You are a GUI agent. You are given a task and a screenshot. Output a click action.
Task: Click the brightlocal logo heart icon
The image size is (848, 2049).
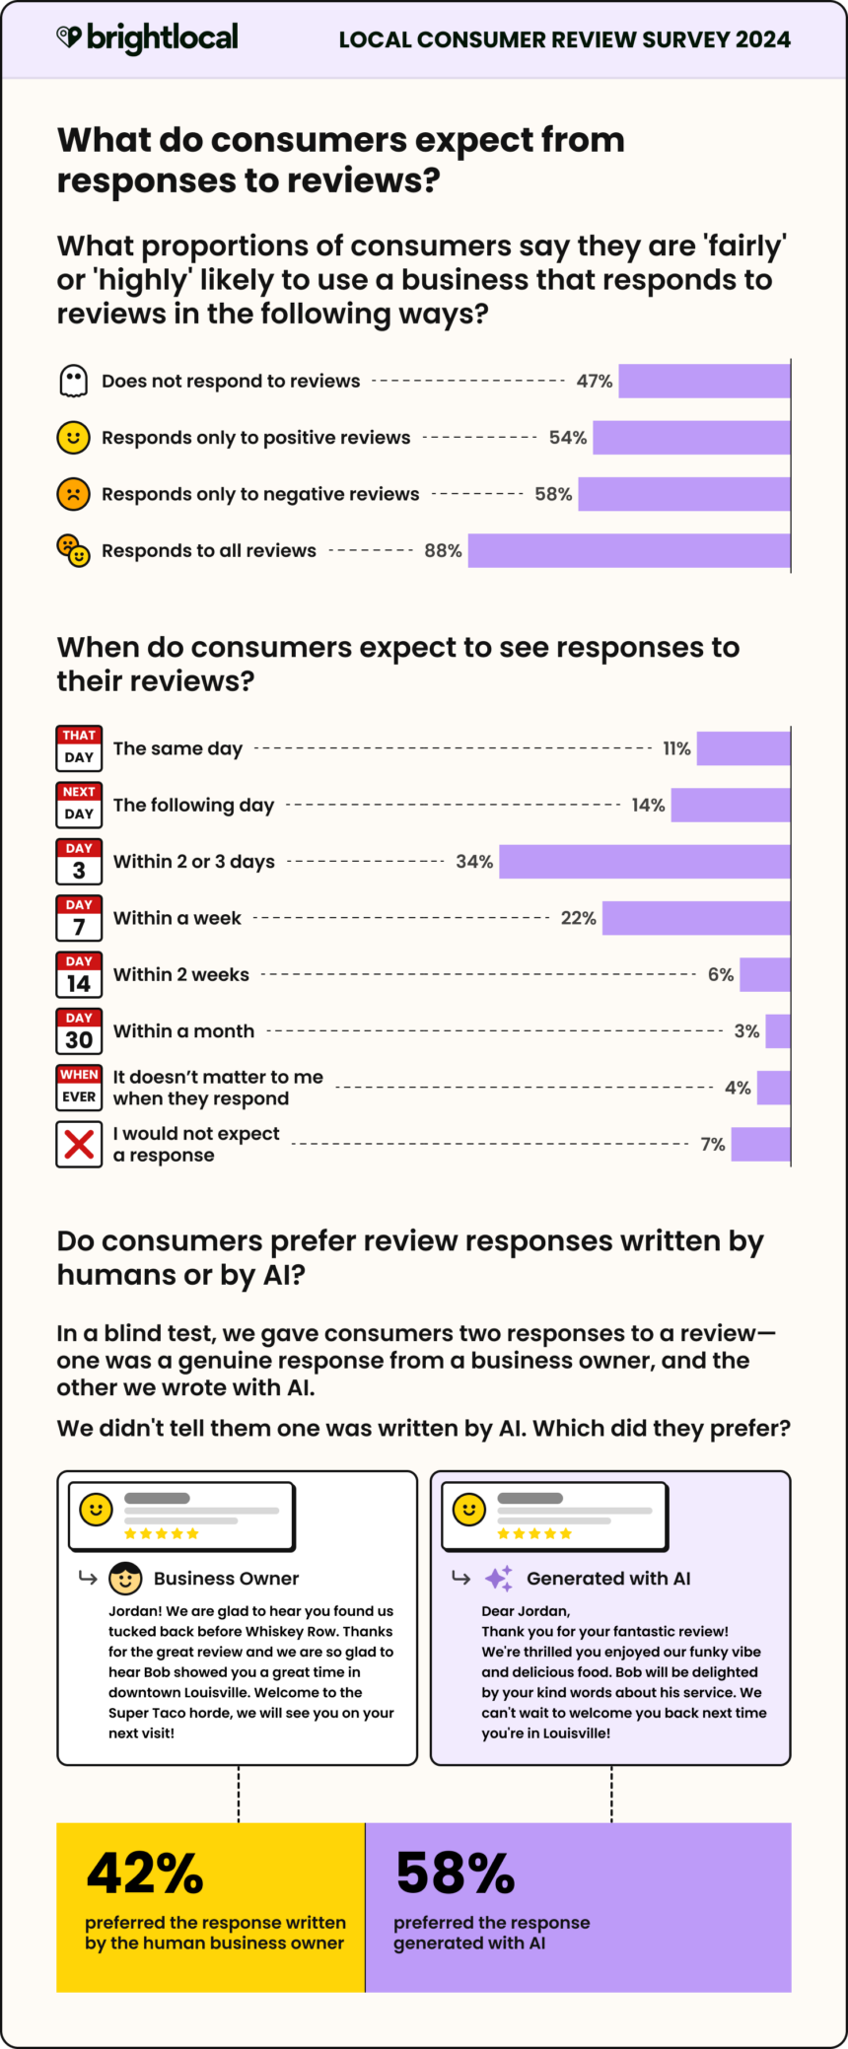click(x=68, y=37)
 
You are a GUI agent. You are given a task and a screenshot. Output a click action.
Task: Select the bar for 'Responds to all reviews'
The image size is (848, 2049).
click(x=629, y=550)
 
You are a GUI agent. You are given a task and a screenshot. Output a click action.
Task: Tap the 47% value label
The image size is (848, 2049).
click(x=595, y=381)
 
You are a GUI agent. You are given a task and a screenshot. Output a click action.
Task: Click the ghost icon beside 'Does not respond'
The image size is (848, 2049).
click(x=73, y=381)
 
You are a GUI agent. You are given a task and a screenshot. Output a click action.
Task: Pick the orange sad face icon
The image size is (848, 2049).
click(x=73, y=494)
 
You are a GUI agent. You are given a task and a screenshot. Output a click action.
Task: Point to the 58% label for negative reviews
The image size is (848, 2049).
click(x=553, y=494)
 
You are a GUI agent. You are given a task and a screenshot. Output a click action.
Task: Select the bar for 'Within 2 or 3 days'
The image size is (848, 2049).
click(x=645, y=861)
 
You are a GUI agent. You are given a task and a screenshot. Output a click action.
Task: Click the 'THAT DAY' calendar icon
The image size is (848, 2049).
click(x=79, y=748)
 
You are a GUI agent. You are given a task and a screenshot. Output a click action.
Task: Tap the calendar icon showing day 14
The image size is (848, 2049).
click(x=79, y=974)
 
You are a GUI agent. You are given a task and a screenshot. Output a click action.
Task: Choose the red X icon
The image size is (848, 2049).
click(x=79, y=1144)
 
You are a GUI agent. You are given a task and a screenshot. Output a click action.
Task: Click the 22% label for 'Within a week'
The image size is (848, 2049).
click(x=579, y=918)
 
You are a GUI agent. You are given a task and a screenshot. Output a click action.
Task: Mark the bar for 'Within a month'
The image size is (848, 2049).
click(x=778, y=1030)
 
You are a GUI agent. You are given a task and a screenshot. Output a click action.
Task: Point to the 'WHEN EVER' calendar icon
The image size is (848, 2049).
click(x=79, y=1087)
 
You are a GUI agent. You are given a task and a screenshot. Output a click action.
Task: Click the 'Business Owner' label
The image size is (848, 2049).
click(x=226, y=1579)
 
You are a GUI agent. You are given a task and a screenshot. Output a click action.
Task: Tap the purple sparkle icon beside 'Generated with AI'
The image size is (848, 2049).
click(x=499, y=1578)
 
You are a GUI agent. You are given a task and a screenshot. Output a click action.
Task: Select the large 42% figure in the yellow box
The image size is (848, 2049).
click(x=145, y=1873)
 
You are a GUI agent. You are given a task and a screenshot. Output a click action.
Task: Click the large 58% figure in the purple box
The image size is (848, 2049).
click(x=455, y=1873)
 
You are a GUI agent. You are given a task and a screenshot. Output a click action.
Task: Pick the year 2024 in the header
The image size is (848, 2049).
click(x=762, y=39)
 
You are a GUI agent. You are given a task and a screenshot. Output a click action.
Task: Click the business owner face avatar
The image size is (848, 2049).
click(x=125, y=1578)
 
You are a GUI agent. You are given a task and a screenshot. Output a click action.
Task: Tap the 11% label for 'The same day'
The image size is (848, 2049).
click(x=676, y=748)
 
